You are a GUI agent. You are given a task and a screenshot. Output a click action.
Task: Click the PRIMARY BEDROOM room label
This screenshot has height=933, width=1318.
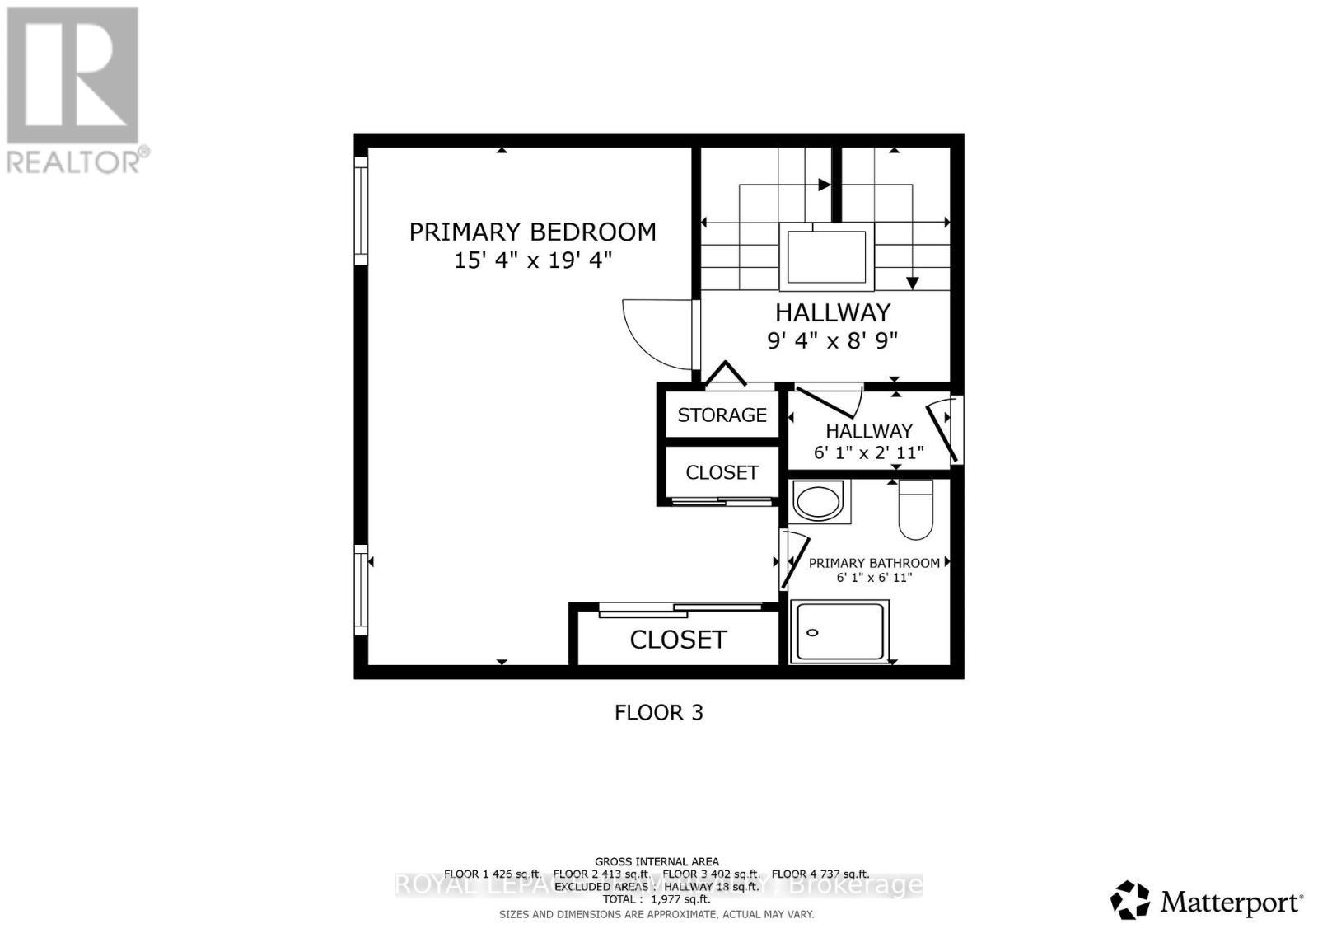tap(532, 232)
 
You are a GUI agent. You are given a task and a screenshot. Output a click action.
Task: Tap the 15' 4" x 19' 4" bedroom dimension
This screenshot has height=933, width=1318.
tap(532, 260)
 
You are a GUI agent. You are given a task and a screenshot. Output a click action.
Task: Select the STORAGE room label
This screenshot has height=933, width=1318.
tap(722, 415)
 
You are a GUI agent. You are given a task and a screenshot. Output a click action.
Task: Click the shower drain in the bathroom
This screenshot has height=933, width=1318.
tap(813, 633)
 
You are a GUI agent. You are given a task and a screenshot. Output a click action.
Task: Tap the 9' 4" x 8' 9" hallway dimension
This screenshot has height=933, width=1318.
tap(832, 340)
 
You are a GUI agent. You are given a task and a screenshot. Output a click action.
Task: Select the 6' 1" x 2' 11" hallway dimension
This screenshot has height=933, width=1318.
tap(868, 452)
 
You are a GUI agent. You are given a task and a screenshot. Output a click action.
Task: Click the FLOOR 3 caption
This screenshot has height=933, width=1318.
tap(658, 713)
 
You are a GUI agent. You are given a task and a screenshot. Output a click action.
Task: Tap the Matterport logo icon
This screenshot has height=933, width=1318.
tap(1129, 900)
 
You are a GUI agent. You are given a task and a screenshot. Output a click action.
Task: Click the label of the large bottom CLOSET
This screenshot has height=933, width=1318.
tap(678, 640)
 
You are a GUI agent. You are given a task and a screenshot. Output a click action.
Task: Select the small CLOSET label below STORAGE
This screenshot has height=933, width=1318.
tap(722, 472)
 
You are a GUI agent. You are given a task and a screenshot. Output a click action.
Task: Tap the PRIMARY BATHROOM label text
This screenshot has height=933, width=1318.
tap(873, 563)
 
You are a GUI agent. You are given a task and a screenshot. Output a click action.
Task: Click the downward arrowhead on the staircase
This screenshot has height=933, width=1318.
tap(912, 284)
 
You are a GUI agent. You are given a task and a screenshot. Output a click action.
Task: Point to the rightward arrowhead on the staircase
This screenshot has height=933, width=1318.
tap(825, 185)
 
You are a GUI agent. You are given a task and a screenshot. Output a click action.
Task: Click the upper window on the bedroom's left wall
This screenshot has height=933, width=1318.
tap(361, 211)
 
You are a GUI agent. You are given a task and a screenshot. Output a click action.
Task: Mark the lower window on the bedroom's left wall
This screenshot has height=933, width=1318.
tap(361, 589)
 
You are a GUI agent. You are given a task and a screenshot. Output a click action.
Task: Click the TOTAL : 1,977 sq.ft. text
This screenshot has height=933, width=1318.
tap(656, 900)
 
